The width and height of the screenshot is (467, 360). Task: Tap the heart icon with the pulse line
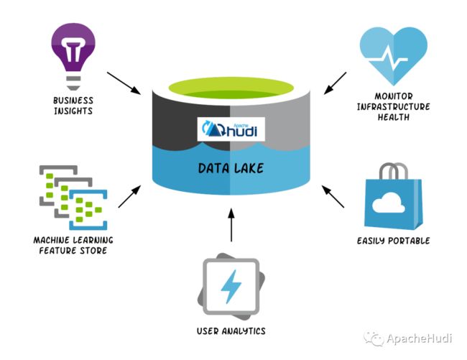pos(394,55)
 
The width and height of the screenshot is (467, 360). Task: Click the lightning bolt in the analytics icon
pos(231,287)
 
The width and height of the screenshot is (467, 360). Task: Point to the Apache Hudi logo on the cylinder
pos(231,129)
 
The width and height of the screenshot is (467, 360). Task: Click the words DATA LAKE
pos(231,168)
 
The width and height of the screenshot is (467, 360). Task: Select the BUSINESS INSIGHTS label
pos(73,106)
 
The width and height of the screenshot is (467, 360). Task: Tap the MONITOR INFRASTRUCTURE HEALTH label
pos(394,106)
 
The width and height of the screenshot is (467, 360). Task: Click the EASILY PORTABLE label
pos(394,241)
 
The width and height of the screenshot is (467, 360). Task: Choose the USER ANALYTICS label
pos(231,331)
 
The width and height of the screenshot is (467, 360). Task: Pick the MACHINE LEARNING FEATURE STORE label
pos(73,245)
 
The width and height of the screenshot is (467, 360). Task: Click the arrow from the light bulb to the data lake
pos(124,83)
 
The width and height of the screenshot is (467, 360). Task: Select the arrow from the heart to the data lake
pos(335,83)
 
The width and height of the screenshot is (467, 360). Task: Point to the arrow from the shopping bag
pos(333,196)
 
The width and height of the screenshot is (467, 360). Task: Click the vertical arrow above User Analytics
pos(231,225)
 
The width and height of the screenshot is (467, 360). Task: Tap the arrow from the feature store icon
pos(129,196)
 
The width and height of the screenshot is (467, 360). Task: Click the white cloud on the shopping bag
pos(389,203)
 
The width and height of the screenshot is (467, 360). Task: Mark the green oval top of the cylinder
pos(231,88)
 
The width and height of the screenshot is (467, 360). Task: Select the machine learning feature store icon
pos(73,198)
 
